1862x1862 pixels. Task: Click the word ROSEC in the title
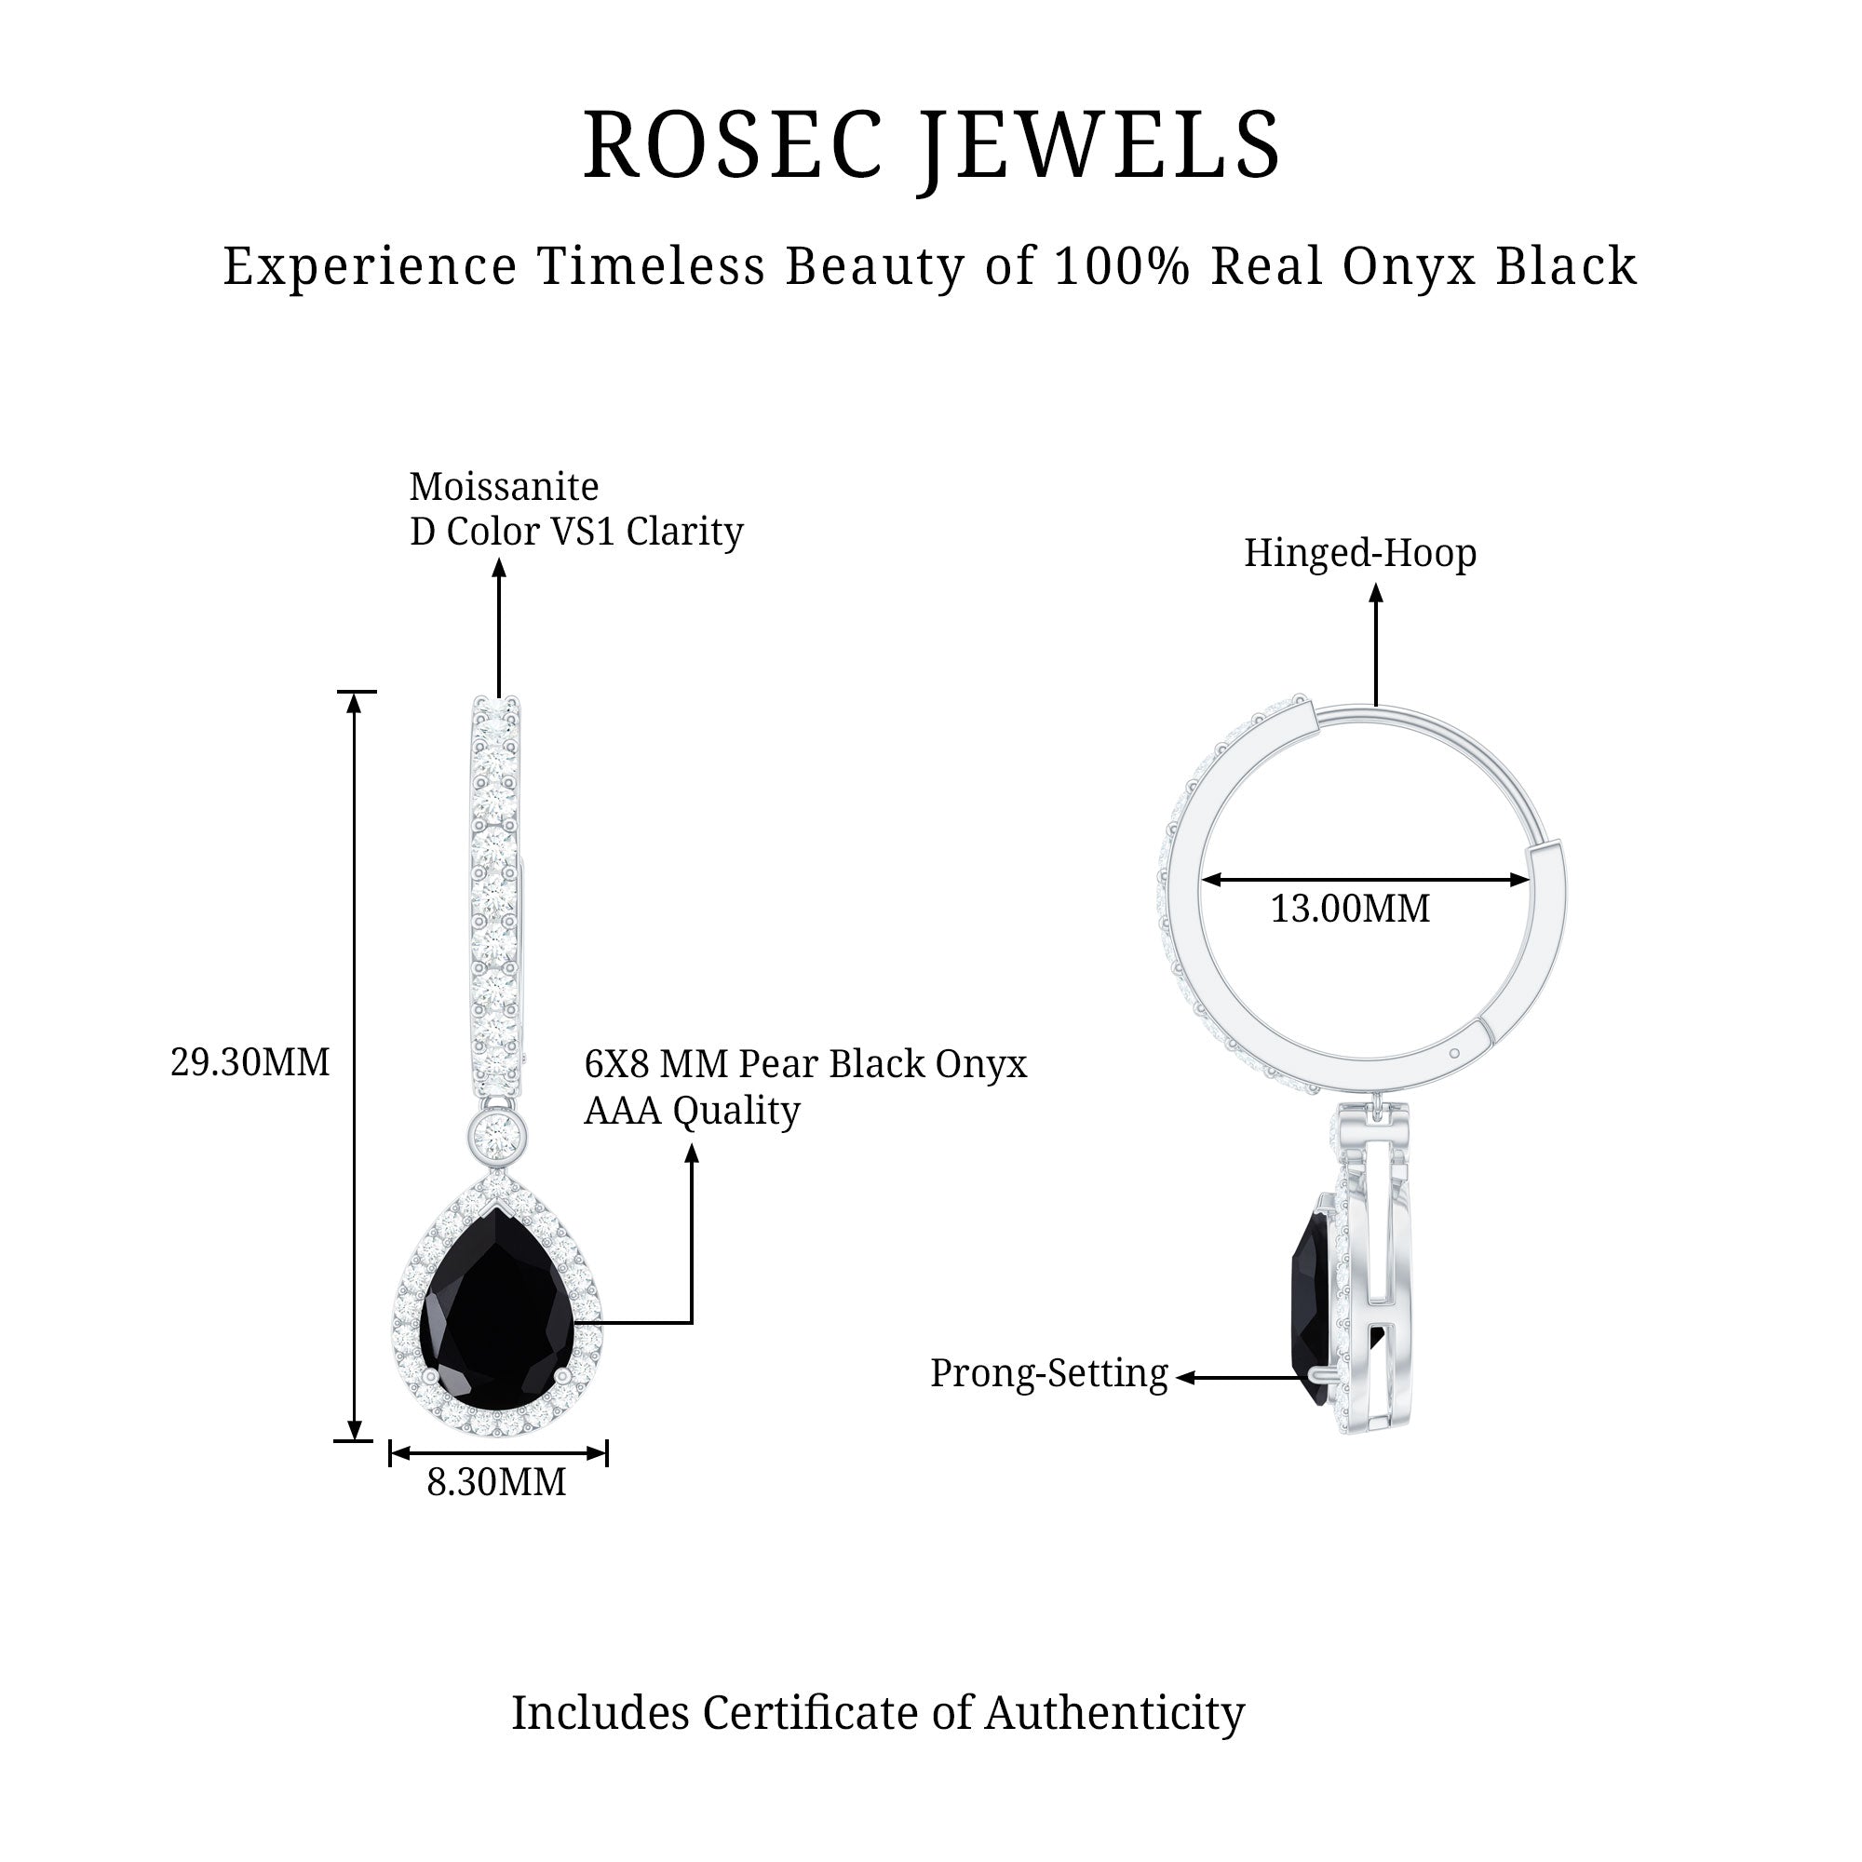coord(733,144)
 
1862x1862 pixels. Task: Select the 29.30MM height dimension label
coord(250,1063)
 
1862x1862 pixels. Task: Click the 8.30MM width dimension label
coord(496,1482)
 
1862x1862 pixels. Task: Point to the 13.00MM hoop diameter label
coord(1349,909)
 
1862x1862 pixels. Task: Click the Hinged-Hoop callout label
coord(1360,553)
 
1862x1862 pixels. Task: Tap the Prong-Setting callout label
coord(1048,1373)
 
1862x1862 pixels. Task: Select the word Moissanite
coord(503,487)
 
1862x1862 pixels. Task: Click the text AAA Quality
coord(692,1111)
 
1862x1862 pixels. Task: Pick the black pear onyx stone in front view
coord(497,1311)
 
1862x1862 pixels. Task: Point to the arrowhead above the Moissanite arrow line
coord(498,569)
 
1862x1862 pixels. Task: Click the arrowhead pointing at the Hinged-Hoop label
coord(1376,594)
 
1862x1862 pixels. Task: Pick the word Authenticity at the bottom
coord(1114,1714)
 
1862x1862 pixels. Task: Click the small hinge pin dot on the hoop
coord(1454,1053)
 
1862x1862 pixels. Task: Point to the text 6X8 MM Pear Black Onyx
coord(804,1064)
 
